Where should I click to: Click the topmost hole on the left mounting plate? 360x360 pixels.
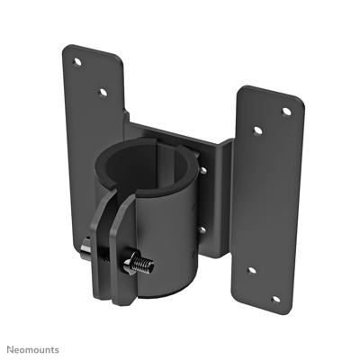coord(76,62)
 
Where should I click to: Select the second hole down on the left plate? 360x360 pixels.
coord(102,91)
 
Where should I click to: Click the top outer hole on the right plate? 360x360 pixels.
coord(286,112)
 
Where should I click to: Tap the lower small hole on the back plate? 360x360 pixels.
coord(202,229)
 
